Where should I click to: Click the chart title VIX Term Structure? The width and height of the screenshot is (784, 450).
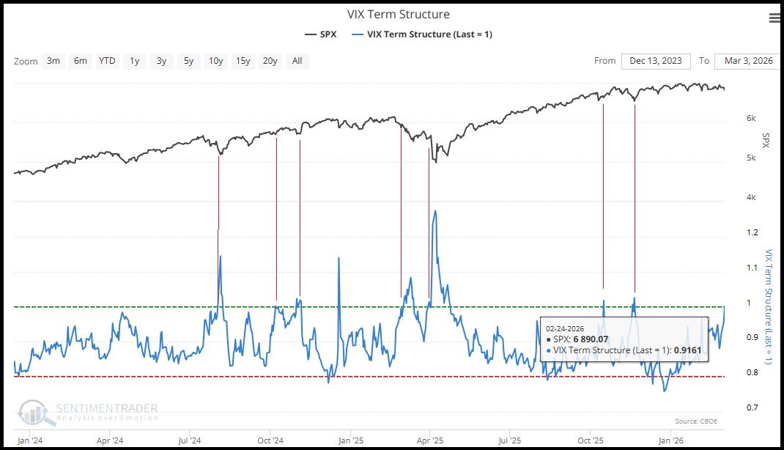pyautogui.click(x=399, y=15)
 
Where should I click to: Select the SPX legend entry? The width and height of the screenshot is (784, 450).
pyautogui.click(x=320, y=34)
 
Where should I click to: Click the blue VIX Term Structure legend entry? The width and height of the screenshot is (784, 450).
pyautogui.click(x=422, y=34)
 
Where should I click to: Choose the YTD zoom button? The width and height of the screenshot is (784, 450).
pyautogui.click(x=107, y=61)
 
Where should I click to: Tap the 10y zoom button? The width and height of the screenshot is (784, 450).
pyautogui.click(x=215, y=61)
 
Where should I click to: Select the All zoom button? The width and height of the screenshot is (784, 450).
pyautogui.click(x=297, y=61)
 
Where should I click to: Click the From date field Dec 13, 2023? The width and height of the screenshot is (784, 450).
pyautogui.click(x=656, y=61)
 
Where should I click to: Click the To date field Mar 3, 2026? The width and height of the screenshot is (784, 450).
pyautogui.click(x=744, y=61)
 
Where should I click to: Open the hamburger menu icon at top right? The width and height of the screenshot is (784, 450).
pyautogui.click(x=774, y=18)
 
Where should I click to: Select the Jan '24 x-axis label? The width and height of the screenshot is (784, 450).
pyautogui.click(x=29, y=440)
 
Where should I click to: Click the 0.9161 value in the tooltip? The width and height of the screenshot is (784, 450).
pyautogui.click(x=687, y=350)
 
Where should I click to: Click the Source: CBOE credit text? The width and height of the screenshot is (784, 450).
pyautogui.click(x=695, y=421)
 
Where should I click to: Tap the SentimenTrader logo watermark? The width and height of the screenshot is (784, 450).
pyautogui.click(x=89, y=412)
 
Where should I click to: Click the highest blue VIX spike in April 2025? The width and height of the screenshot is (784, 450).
pyautogui.click(x=436, y=212)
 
